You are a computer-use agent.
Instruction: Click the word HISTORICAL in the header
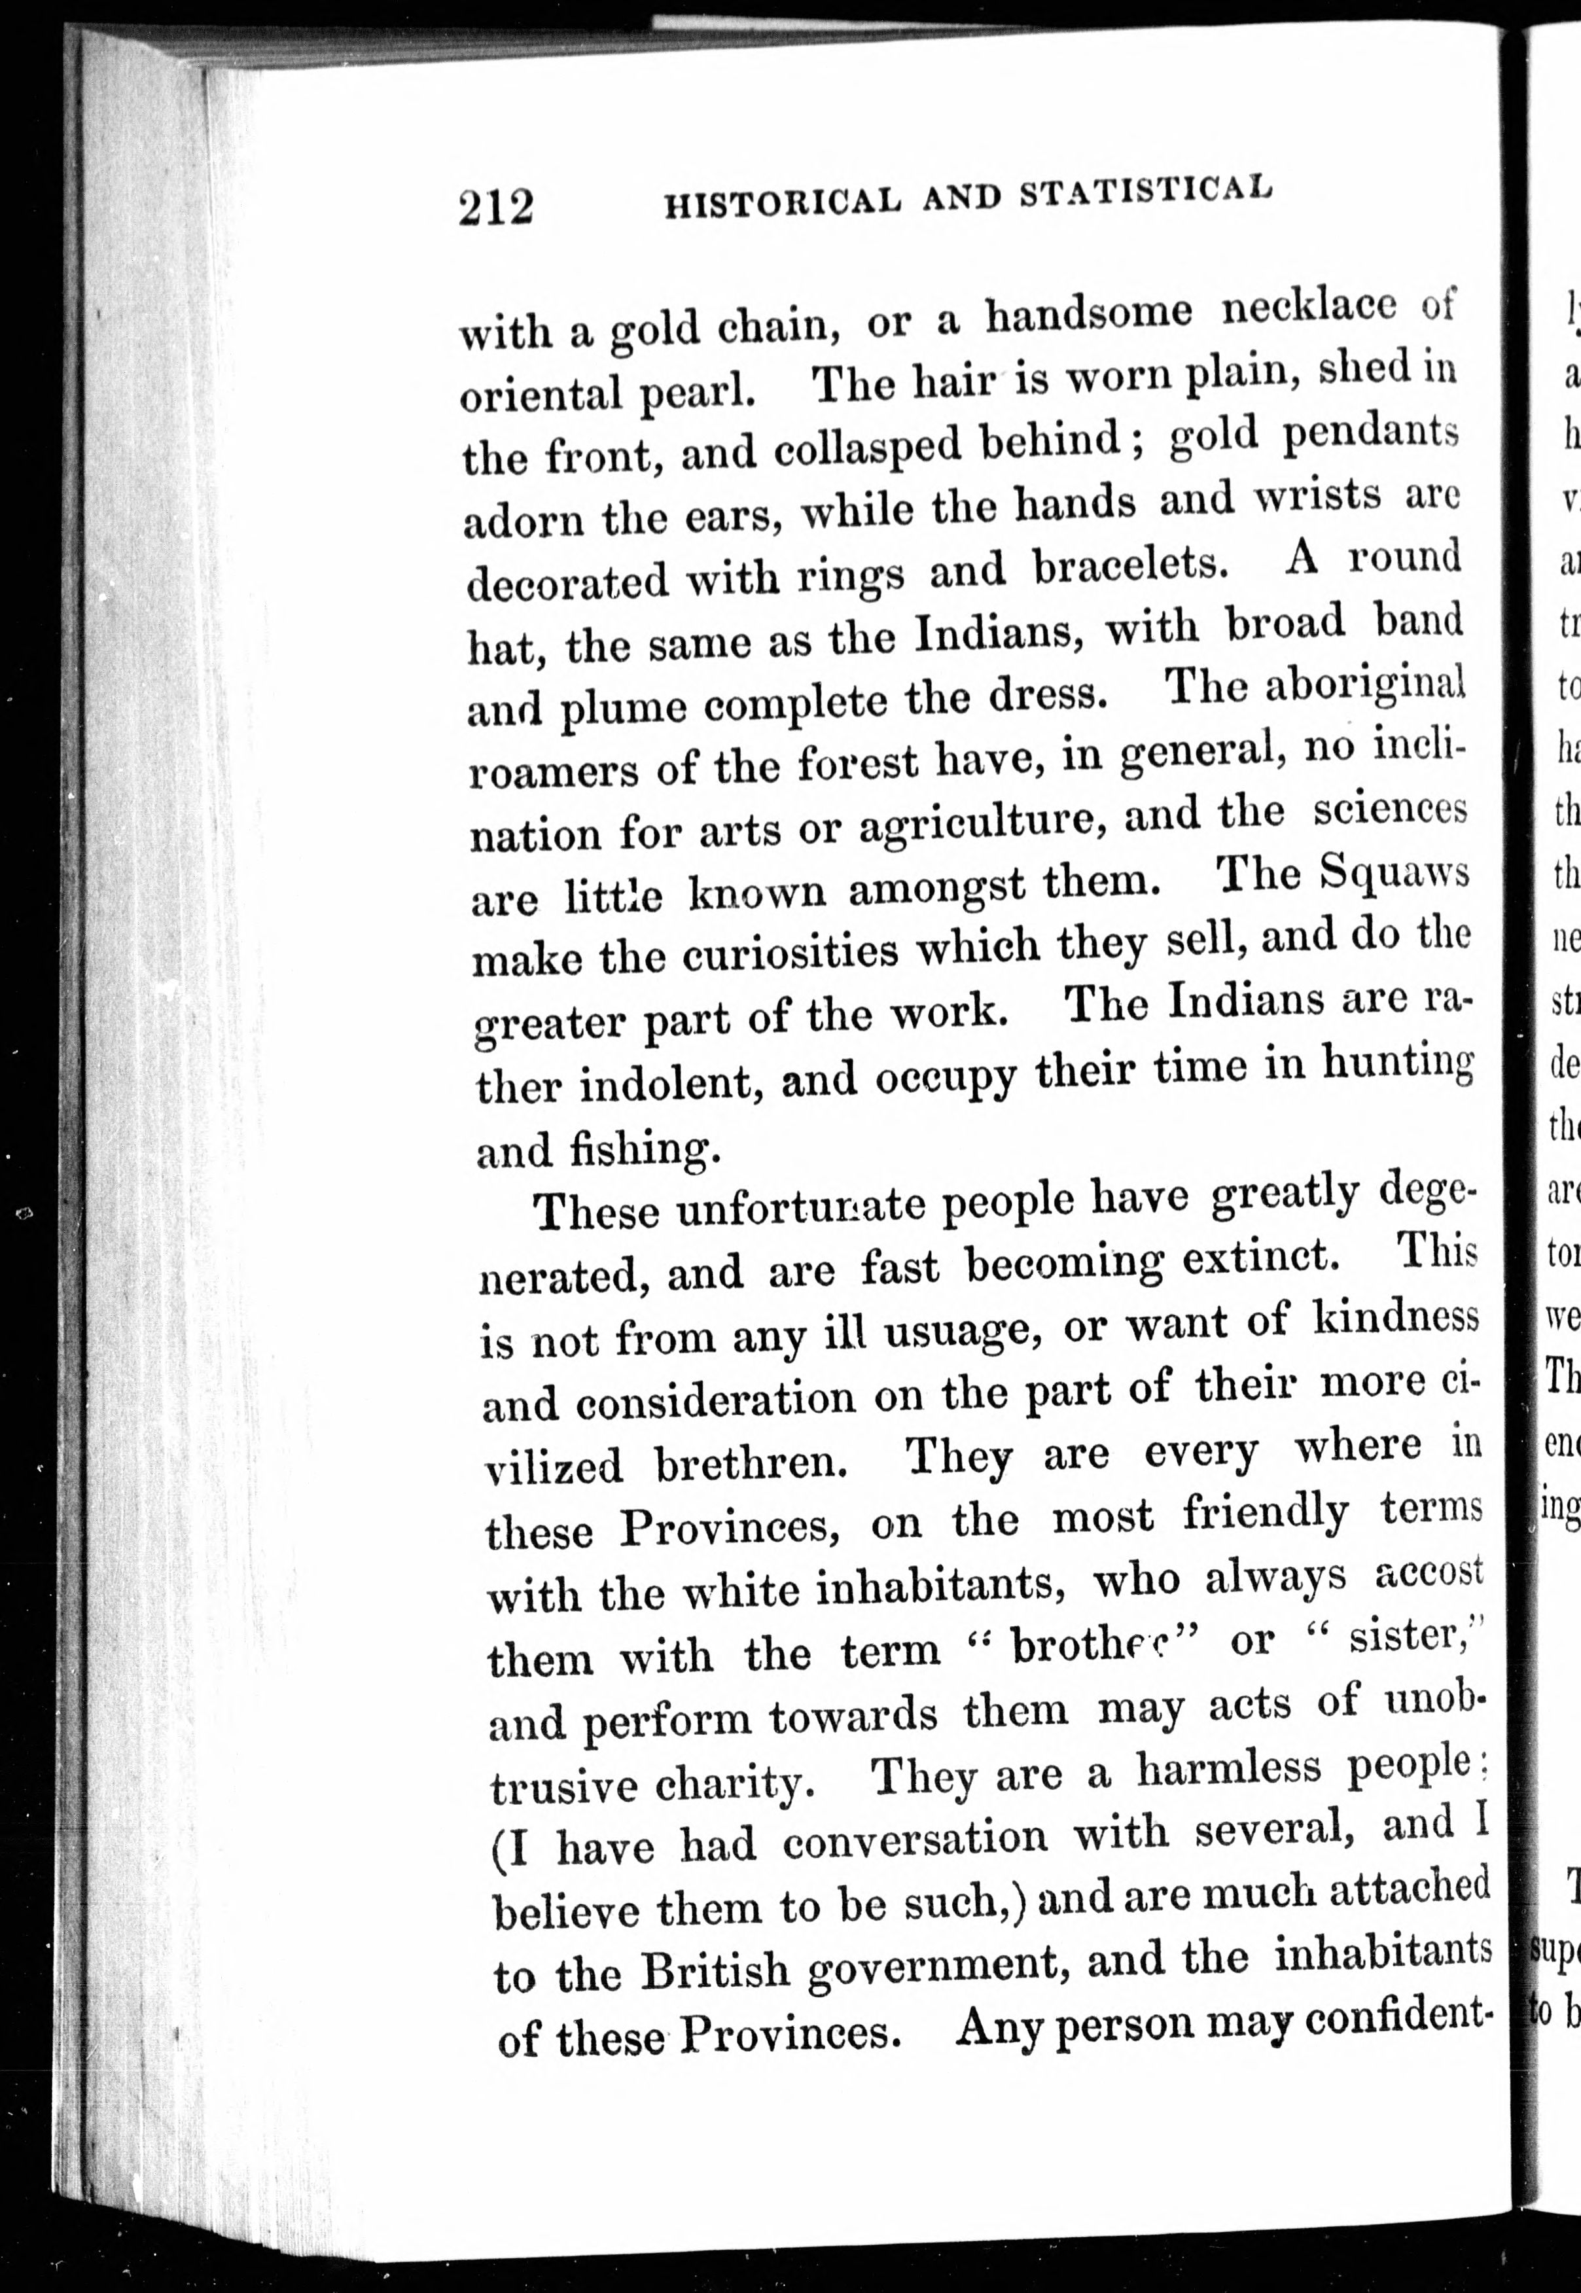pyautogui.click(x=781, y=202)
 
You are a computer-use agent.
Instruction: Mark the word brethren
pyautogui.click(x=750, y=1464)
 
